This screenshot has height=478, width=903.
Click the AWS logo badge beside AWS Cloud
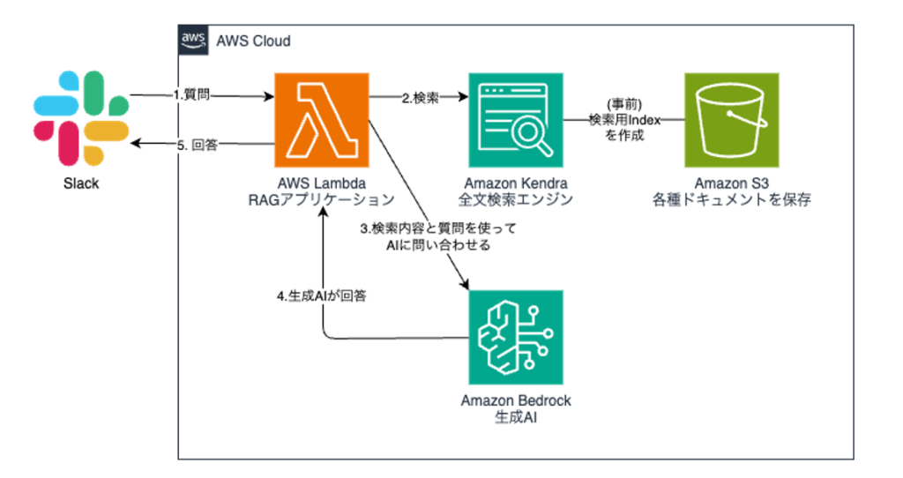point(193,41)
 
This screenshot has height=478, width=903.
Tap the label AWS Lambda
point(318,183)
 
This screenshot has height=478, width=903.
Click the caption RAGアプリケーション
point(318,200)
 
